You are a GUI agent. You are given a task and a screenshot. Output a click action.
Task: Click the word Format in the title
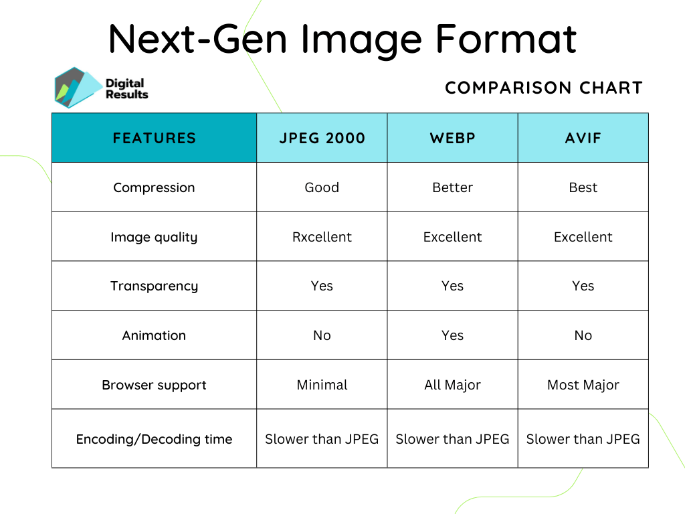click(506, 38)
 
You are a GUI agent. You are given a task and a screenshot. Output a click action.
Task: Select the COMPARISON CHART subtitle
click(543, 88)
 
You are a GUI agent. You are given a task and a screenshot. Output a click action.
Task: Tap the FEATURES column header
click(154, 138)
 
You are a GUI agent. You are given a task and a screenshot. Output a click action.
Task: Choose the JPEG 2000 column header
click(322, 138)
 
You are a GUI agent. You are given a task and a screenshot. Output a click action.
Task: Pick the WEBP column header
click(452, 138)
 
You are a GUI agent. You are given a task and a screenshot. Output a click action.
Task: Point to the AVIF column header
click(583, 138)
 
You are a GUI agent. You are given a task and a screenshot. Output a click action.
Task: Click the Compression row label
click(154, 187)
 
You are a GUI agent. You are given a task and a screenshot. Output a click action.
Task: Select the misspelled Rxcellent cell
click(322, 237)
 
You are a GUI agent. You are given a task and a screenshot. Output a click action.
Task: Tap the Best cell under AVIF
click(583, 187)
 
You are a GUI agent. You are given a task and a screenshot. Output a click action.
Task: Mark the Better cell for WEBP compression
click(452, 187)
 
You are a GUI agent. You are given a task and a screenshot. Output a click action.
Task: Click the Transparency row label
click(154, 286)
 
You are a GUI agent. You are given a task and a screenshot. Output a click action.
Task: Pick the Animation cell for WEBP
click(452, 335)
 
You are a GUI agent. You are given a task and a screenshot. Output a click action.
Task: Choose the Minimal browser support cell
click(322, 385)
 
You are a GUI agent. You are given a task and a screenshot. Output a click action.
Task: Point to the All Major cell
click(452, 385)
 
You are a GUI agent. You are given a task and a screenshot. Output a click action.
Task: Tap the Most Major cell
click(583, 385)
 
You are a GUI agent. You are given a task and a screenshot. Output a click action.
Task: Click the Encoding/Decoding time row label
click(154, 439)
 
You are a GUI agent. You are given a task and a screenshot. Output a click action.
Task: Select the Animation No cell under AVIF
click(583, 335)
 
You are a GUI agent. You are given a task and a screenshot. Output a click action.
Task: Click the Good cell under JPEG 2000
click(322, 187)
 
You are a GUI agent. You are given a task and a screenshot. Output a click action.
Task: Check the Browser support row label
click(154, 385)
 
